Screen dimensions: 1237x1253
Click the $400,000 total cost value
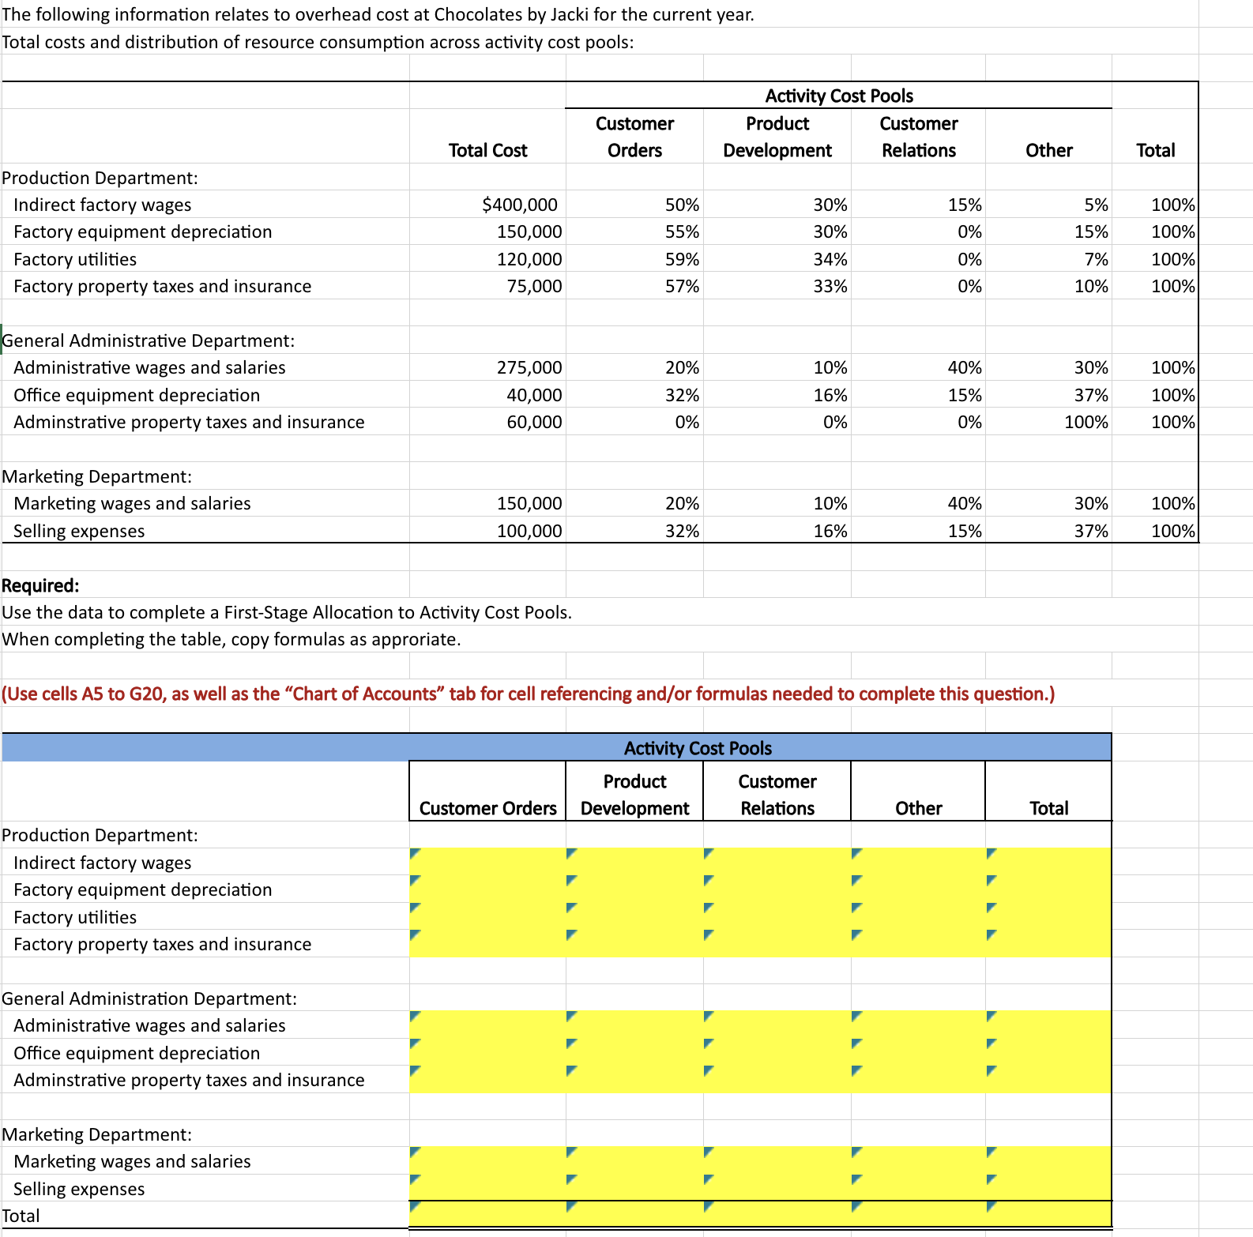tap(519, 205)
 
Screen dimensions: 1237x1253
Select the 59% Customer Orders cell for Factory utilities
tap(682, 260)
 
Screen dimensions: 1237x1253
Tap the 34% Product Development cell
tap(830, 260)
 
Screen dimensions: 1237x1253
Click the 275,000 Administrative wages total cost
tap(529, 368)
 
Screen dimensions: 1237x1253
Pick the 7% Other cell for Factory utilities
tap(1096, 260)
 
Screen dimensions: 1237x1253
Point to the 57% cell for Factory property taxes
tap(682, 287)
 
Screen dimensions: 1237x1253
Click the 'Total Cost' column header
tap(487, 151)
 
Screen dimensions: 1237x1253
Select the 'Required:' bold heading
tap(40, 586)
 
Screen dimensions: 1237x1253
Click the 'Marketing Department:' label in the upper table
tap(96, 477)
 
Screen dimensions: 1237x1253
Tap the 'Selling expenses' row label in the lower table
tap(79, 1190)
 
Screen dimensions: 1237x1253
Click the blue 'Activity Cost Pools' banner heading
tap(698, 748)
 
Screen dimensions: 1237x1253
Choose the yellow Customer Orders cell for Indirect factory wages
tap(487, 863)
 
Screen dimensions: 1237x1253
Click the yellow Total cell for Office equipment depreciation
tap(1048, 1053)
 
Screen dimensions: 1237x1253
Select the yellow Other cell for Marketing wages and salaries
tap(918, 1161)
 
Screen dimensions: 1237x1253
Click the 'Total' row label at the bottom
tap(21, 1216)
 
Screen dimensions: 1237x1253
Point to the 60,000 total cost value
tap(534, 423)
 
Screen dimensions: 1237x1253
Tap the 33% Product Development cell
tap(830, 287)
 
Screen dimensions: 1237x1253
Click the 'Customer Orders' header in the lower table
tap(487, 809)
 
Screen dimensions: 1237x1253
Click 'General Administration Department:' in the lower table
tap(149, 999)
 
